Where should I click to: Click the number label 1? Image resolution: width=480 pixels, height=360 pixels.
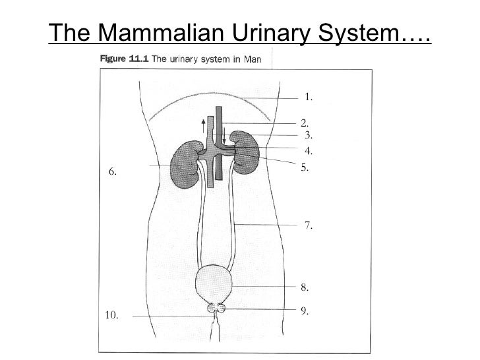tap(308, 98)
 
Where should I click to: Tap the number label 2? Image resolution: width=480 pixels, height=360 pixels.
tap(305, 123)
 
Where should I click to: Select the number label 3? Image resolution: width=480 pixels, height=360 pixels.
tap(307, 135)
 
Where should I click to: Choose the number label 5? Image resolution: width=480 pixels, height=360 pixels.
tap(305, 167)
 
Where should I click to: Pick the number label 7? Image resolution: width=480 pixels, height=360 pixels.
tap(309, 226)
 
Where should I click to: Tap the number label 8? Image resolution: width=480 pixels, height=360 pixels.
tap(305, 287)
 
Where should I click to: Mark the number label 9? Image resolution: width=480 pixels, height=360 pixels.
tap(305, 310)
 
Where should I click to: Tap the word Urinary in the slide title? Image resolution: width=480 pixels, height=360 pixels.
tap(260, 31)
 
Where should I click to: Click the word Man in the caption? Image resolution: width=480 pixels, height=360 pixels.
tap(252, 59)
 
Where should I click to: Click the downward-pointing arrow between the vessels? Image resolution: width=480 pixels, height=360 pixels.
tap(224, 136)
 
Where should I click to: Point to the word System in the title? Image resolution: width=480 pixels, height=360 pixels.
tap(365, 31)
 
